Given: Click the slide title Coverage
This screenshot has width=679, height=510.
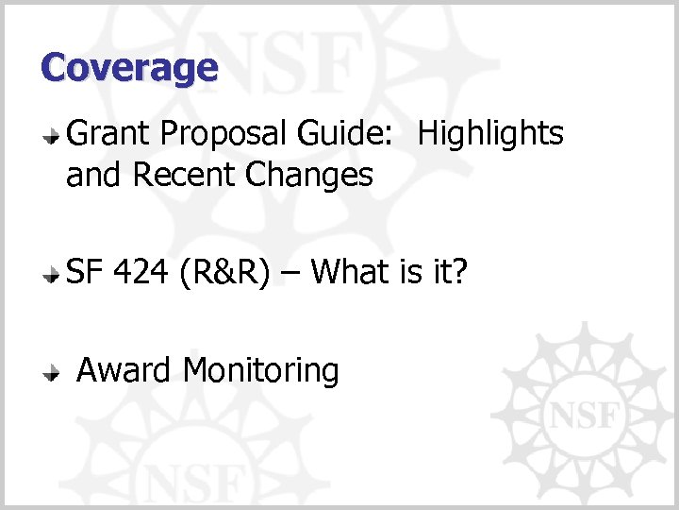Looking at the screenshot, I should pos(129,67).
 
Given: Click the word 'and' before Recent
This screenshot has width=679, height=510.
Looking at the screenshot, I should pos(95,175).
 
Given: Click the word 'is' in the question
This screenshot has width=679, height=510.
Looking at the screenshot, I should pos(412,272).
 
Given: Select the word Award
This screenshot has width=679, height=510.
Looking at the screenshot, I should pos(124,369).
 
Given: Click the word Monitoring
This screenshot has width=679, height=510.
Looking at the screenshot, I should pos(261,371).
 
